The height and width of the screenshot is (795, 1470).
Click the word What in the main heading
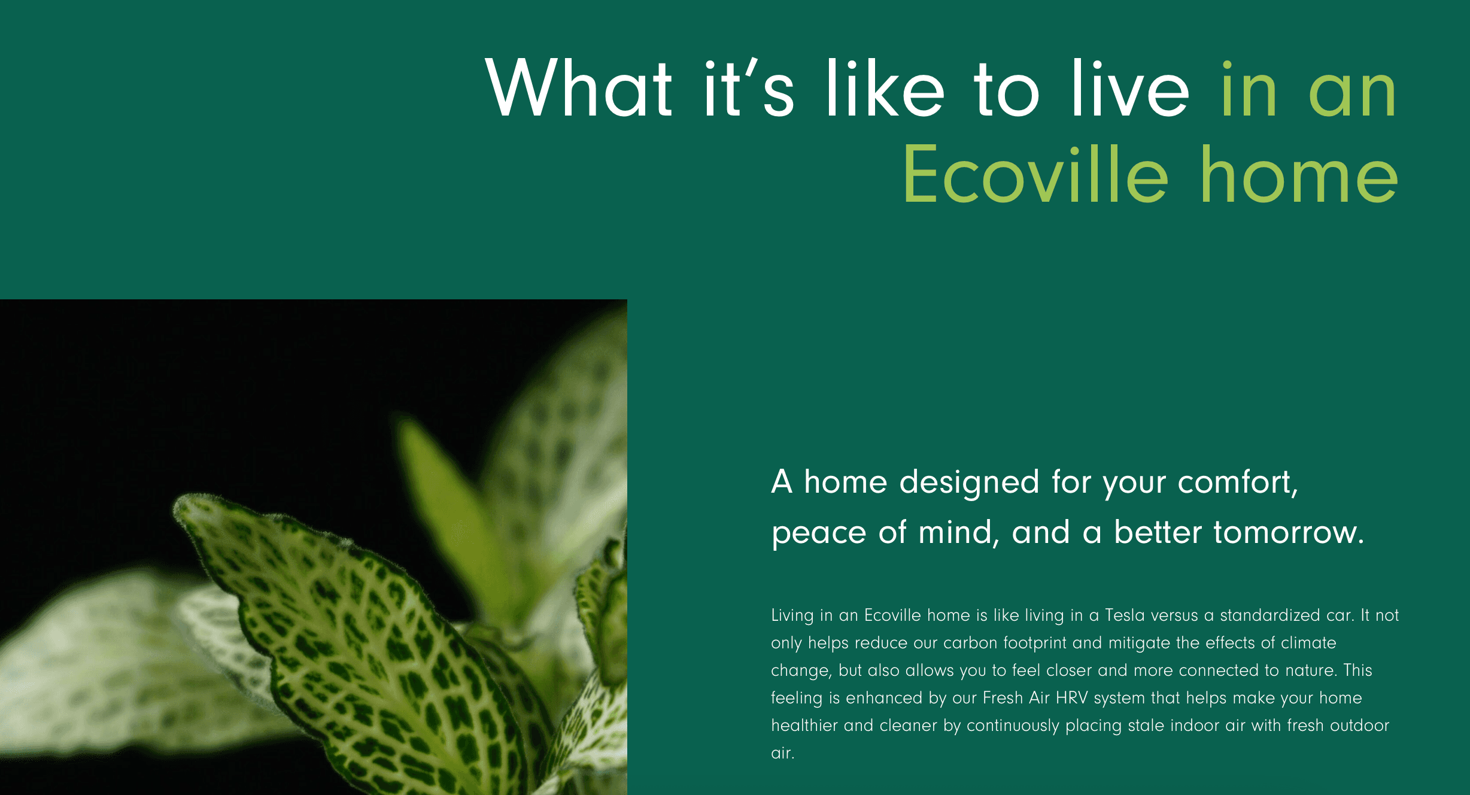(579, 88)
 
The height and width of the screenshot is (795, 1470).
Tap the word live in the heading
(1130, 88)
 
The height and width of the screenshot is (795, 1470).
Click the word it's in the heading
(749, 88)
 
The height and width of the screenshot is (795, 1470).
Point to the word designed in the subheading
(969, 483)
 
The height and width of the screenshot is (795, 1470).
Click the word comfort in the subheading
(1237, 483)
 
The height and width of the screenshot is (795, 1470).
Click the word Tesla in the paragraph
(1125, 615)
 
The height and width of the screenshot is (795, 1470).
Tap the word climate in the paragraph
(1308, 643)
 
